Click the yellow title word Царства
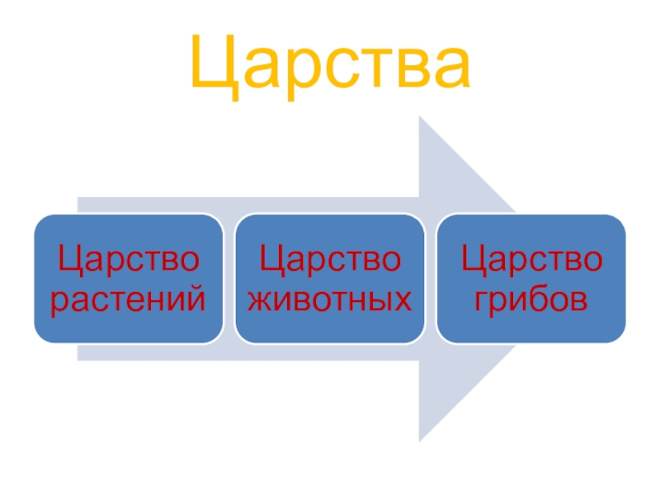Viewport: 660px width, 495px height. [330, 64]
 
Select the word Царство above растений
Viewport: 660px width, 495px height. [128, 261]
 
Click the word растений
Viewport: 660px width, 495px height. [128, 299]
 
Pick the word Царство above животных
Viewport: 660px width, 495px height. [330, 261]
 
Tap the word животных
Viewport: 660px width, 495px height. [330, 299]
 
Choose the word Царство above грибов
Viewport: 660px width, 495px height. [531, 261]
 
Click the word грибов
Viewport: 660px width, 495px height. [531, 299]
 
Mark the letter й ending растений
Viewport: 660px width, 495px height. [195, 298]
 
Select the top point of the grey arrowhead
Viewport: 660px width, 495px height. [421, 119]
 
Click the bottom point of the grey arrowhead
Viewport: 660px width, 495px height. [421, 439]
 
